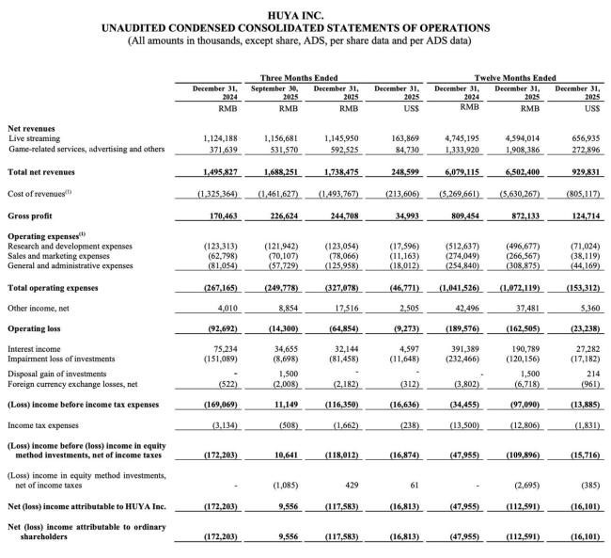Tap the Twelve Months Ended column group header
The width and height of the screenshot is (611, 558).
pyautogui.click(x=515, y=77)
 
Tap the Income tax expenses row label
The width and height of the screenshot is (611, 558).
pyautogui.click(x=44, y=425)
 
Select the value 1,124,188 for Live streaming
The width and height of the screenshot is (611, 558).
pyautogui.click(x=200, y=137)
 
